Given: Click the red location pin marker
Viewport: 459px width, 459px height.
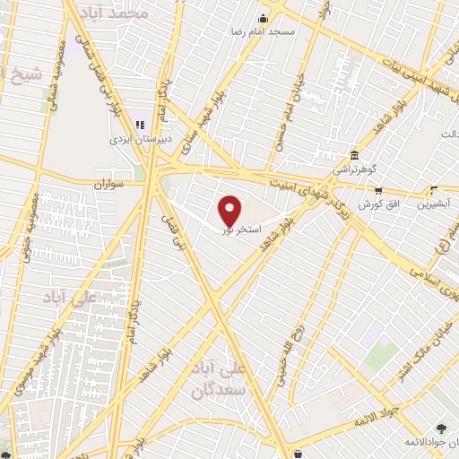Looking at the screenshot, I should click(230, 210).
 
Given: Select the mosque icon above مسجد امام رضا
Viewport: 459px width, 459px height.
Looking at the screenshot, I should click(263, 19).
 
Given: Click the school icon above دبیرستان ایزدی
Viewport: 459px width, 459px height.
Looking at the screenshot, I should click(139, 124).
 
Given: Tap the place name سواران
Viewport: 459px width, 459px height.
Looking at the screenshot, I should click(113, 183).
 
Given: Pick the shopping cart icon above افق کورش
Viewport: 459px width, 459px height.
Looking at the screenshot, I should click(377, 190).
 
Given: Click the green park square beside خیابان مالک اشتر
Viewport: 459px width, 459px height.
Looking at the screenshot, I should click(375, 339).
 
